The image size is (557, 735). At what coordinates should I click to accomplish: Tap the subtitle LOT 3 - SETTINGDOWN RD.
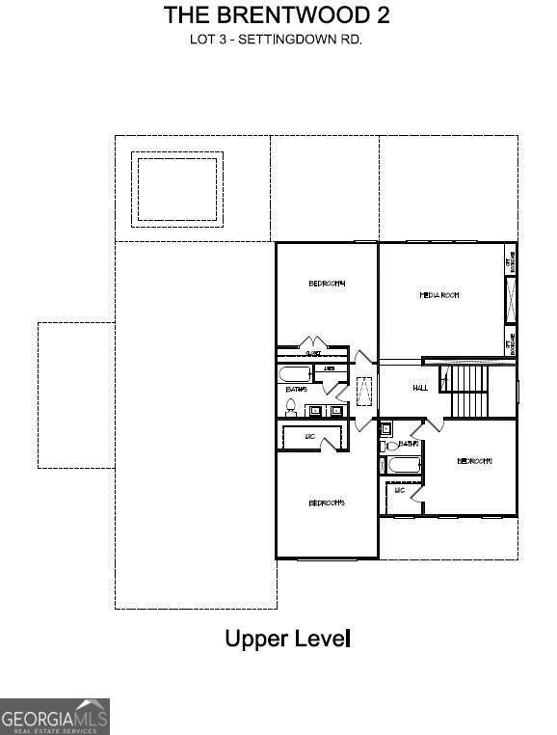pos(277,41)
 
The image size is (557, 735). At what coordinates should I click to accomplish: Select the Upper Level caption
pos(287,638)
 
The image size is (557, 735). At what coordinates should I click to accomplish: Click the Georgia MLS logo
pos(55,717)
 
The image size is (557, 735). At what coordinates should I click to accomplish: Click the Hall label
pos(420,388)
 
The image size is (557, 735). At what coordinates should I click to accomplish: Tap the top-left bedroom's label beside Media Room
pos(327,283)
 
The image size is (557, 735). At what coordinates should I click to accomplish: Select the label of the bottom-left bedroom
pos(327,503)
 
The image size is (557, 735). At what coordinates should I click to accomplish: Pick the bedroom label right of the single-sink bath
pos(474,461)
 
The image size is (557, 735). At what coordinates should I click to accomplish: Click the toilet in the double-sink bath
pos(292,407)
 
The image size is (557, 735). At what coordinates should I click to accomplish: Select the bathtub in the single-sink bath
pos(403,467)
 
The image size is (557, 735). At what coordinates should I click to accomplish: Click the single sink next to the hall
pos(385,428)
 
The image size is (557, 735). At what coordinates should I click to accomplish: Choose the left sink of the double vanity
pos(315,410)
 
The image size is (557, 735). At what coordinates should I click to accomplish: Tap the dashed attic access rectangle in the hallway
pos(364,394)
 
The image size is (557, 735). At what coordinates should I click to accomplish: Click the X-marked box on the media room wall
pos(511,299)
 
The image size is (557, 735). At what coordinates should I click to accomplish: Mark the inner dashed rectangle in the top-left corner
pos(177,188)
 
